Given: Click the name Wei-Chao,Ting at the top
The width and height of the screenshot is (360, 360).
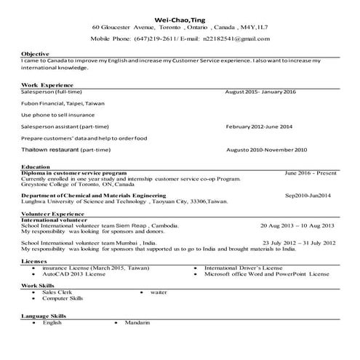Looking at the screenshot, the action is coord(180,19).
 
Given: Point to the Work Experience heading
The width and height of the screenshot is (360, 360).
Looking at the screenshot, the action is coord(46,85).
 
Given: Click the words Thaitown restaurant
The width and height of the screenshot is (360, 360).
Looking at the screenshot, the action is coord(50,149).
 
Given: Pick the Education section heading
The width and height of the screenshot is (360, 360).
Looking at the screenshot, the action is coord(36,167).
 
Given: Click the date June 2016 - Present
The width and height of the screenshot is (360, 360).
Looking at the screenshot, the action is coord(311,173).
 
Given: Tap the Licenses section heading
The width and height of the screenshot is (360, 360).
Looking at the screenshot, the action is coord(34,260).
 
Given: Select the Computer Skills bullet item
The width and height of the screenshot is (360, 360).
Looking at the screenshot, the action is coord(63,298).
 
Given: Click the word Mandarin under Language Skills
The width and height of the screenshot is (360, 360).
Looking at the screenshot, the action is coord(137,322).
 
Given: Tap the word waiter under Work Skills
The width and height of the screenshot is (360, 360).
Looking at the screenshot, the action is coord(159,292).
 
